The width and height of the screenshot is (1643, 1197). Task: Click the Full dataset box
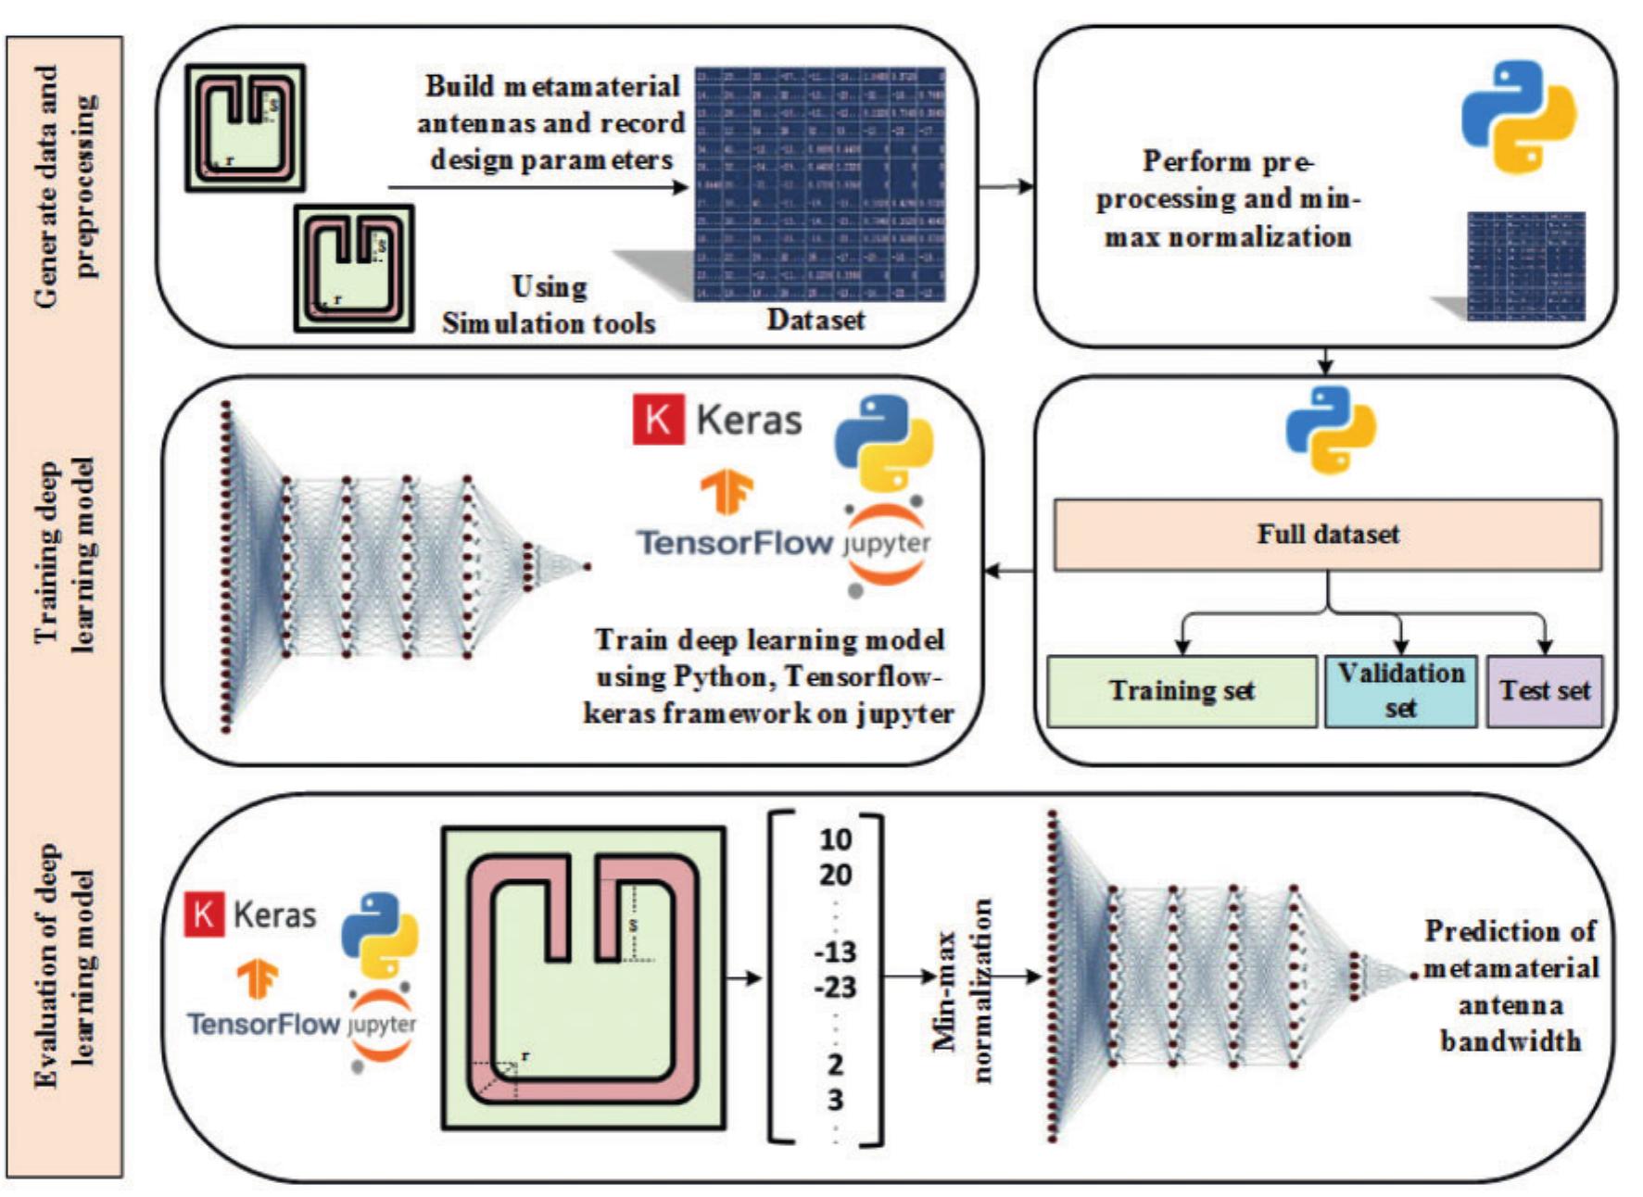[1327, 535]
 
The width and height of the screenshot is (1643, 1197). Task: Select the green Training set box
[1182, 691]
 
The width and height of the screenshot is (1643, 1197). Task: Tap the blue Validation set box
[1400, 691]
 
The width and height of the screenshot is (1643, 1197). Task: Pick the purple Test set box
[1544, 691]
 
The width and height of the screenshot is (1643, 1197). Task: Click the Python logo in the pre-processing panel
[1518, 116]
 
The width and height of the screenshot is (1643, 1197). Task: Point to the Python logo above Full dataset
[1331, 430]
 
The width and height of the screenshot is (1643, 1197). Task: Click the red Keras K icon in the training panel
[658, 420]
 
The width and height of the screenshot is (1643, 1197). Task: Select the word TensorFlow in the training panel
[735, 542]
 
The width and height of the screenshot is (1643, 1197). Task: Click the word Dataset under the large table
[815, 321]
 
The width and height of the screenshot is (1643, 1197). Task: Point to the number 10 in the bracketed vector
[835, 839]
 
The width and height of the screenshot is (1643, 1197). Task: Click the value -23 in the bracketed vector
[835, 988]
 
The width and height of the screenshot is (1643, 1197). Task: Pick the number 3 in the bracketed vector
[835, 1101]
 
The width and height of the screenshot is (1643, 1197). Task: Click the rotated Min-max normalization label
[963, 989]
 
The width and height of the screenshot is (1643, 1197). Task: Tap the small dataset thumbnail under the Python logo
[1525, 267]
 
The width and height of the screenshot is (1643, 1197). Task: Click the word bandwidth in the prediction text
[1510, 1041]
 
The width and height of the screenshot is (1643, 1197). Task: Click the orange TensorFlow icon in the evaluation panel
[259, 979]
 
